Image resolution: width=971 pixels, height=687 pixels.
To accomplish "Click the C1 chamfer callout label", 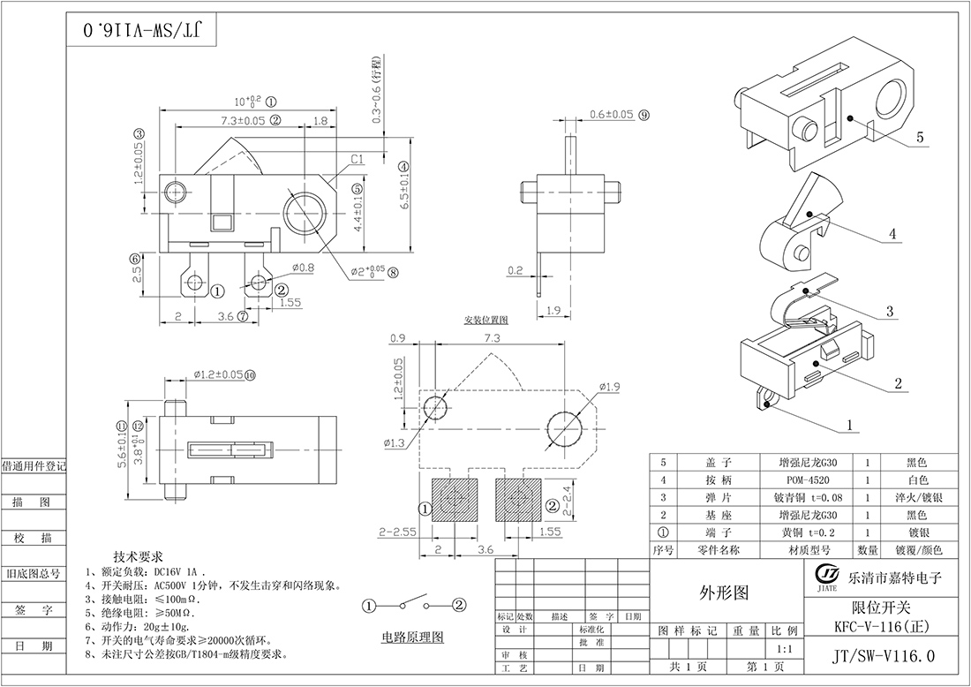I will [x=358, y=160].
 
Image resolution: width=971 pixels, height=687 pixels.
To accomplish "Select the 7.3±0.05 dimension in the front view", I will [x=231, y=120].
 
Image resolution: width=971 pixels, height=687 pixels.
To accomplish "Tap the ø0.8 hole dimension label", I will [x=302, y=268].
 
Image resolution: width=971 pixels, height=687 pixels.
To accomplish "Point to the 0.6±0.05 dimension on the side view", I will [x=611, y=115].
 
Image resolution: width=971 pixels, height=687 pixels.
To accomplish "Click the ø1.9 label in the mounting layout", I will [x=611, y=387].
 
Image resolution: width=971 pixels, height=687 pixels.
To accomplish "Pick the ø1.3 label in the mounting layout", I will [x=395, y=442].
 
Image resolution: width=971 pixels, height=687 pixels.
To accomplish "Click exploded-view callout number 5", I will [x=919, y=138].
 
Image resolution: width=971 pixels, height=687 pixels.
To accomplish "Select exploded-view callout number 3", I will [x=890, y=311].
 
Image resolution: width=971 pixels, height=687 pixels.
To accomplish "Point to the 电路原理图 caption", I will [x=412, y=637].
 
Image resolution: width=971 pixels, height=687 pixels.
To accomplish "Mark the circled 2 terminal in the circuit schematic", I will [x=459, y=605].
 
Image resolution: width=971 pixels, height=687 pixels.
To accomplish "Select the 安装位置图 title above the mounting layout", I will [x=485, y=319].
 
